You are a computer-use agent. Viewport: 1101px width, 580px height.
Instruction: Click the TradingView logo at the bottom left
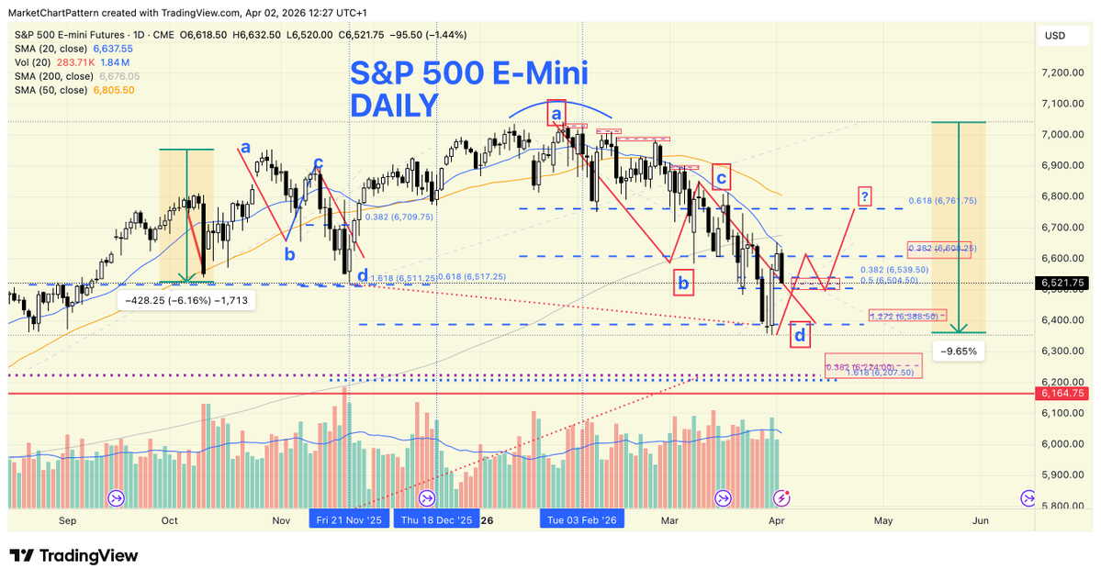(73, 556)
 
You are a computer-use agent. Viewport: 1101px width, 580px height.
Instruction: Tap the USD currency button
(1054, 36)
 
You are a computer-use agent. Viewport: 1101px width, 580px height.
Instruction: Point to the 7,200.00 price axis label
(1065, 72)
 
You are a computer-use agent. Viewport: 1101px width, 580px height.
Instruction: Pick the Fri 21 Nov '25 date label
(349, 520)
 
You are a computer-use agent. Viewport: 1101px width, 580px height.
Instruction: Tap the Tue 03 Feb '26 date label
(582, 520)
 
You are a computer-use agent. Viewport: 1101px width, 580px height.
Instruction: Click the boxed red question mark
(865, 195)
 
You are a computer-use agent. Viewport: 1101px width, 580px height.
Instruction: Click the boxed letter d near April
(801, 335)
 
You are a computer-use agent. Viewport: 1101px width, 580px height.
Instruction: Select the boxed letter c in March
(721, 176)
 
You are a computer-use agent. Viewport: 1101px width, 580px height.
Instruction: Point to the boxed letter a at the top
(556, 113)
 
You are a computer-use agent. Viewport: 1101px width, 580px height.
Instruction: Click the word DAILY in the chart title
(394, 106)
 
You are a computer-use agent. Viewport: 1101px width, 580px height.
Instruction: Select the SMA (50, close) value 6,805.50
(113, 90)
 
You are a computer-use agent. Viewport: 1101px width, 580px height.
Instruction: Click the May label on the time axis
(882, 520)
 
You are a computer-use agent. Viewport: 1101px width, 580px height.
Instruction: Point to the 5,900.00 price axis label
(1065, 474)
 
